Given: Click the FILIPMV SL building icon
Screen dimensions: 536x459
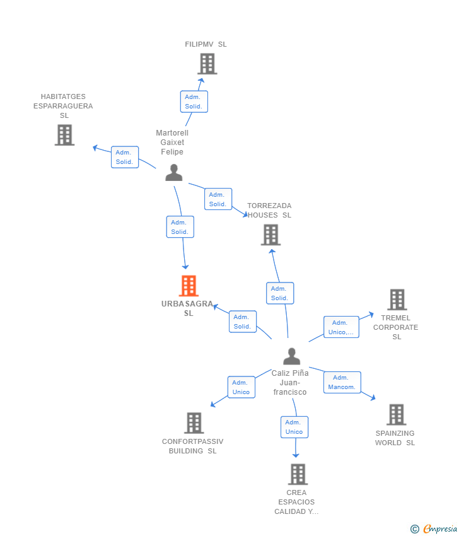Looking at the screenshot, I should pos(207,64).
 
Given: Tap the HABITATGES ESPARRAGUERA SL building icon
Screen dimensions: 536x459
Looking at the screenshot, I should pos(64,135).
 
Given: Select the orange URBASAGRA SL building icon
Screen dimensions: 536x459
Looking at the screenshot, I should pos(189,286).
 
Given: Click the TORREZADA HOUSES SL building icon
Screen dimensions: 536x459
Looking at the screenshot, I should pos(270,235).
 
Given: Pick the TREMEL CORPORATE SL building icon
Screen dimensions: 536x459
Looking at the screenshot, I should pos(397,300).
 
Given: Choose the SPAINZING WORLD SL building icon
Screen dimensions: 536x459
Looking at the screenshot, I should pos(396,414).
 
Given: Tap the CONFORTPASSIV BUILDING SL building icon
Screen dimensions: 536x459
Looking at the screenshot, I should pos(194,422).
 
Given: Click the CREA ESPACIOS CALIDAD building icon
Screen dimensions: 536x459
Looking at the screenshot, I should pos(298,474).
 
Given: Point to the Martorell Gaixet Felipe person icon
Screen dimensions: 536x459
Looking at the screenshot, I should pos(174,172).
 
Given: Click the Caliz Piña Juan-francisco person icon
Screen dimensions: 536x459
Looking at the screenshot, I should pos(291,356).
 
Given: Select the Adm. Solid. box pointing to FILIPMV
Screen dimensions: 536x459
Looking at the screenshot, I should pos(194,102).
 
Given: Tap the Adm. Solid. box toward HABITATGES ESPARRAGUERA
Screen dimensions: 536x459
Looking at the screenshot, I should pos(124,157).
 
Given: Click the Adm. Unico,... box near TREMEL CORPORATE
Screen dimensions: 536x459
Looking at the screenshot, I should pos(341,327).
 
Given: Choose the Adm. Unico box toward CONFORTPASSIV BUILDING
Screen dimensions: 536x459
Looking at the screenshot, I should pos(241,387).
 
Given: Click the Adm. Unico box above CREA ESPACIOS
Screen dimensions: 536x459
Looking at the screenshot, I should pos(294,427).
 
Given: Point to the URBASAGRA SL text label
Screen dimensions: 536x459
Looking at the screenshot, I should pos(187,308).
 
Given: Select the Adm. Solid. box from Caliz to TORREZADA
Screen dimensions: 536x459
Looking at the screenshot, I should pos(279,293).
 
